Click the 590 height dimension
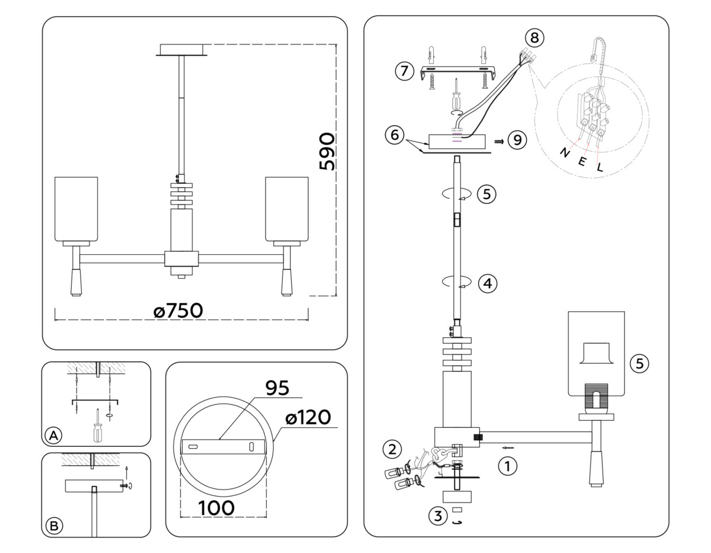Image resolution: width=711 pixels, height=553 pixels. [326, 152]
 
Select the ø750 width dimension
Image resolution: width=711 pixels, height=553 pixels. [178, 311]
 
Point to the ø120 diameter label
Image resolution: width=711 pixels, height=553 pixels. [308, 417]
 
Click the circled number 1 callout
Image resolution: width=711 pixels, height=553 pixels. [507, 466]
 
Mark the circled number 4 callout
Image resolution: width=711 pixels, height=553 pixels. [487, 284]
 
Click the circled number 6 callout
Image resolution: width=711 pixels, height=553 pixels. [393, 135]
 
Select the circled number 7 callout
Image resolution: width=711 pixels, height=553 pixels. [404, 71]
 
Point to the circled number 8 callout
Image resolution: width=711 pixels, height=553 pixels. [534, 38]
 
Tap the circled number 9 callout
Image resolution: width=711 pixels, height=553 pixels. [517, 140]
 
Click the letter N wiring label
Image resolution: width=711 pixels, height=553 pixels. [565, 152]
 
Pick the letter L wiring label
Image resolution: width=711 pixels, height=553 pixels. [600, 167]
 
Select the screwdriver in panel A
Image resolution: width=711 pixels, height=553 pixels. [96, 426]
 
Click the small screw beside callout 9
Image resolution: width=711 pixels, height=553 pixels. [499, 142]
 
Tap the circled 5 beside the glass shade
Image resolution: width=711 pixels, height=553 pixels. [639, 363]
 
